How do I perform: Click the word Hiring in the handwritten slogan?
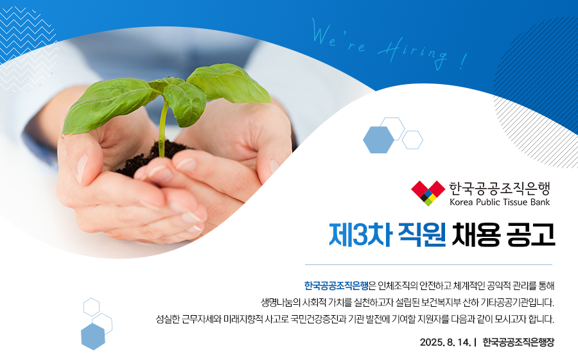[x=412, y=54]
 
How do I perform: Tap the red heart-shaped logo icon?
[x=428, y=193]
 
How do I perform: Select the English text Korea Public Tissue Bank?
[x=500, y=202]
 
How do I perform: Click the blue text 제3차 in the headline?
[x=360, y=235]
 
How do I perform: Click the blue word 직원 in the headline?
[x=422, y=235]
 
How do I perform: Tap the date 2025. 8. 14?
[x=445, y=342]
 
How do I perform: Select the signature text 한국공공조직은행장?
[x=518, y=342]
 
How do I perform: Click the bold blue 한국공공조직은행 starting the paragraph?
[x=336, y=286]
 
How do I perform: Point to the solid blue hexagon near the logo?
[x=378, y=140]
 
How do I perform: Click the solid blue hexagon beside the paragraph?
[x=93, y=336]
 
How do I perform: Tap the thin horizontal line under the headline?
[x=428, y=264]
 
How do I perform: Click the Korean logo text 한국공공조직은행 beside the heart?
[x=500, y=189]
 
